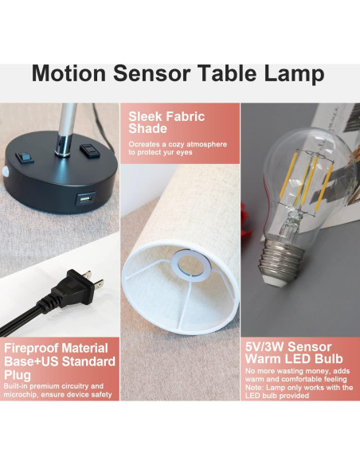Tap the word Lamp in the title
tap(288, 74)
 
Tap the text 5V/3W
tap(267, 348)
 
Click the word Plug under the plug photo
tap(19, 376)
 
